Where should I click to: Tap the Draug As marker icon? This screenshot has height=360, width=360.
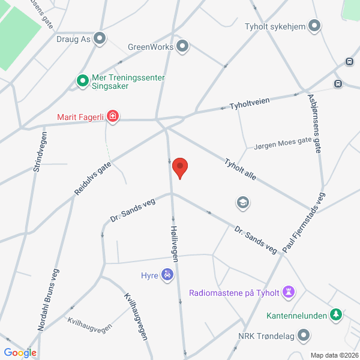click(x=100, y=38)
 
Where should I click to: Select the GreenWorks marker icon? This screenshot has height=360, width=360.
click(x=183, y=46)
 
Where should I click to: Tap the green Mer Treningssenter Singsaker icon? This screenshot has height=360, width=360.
click(x=82, y=80)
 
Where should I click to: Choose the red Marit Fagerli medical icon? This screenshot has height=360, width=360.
click(x=112, y=117)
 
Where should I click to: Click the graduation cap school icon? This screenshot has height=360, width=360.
click(x=243, y=202)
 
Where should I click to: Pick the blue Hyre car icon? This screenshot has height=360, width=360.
click(x=168, y=275)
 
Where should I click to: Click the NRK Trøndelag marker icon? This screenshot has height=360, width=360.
click(x=304, y=335)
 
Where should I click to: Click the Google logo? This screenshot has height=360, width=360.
click(x=20, y=352)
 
